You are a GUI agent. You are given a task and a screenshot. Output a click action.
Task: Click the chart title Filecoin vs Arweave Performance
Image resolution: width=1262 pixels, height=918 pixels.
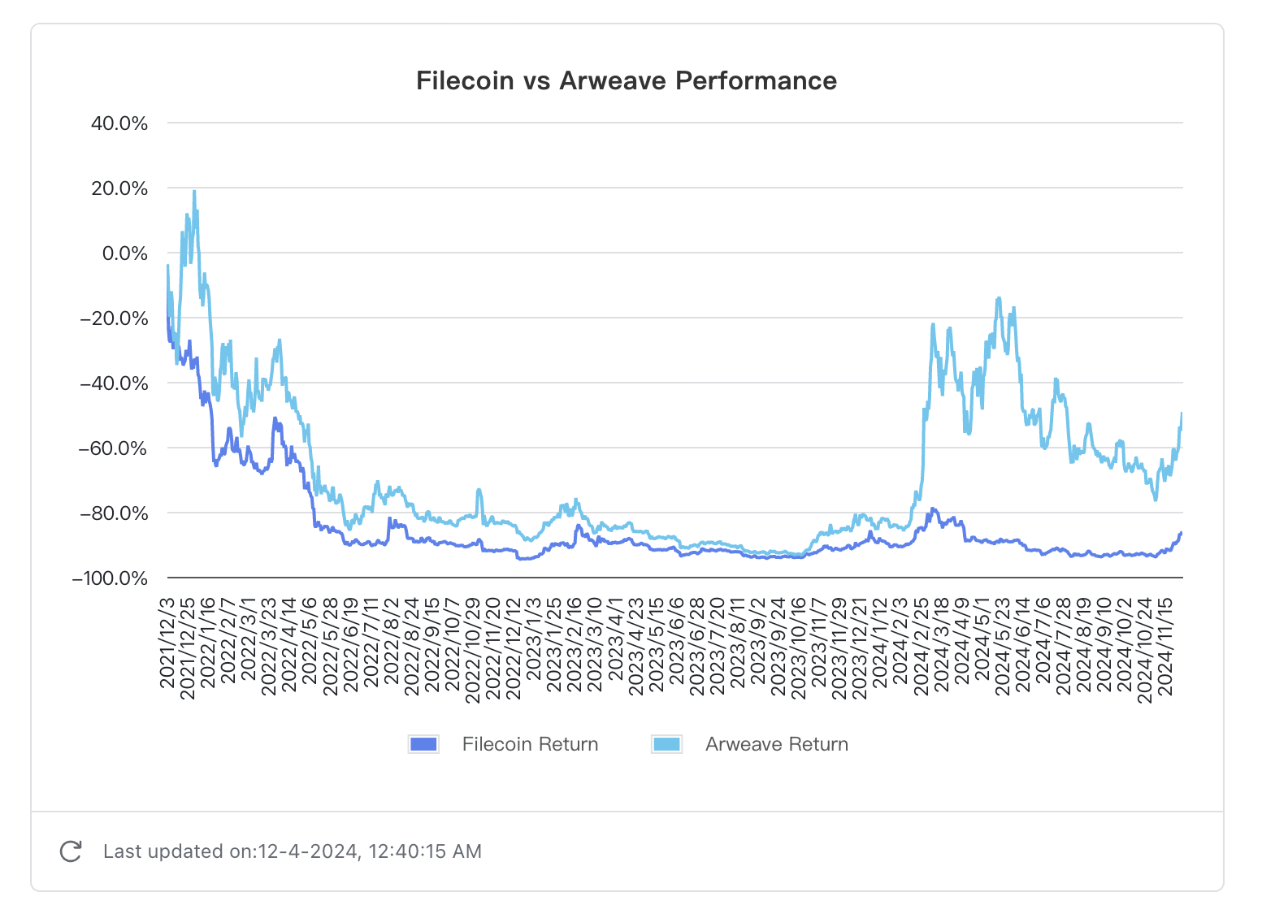[x=626, y=80]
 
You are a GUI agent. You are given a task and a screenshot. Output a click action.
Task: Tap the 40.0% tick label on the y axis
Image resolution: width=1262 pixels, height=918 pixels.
[x=119, y=123]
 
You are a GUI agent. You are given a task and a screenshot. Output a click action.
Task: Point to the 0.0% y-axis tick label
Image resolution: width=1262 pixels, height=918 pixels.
[x=125, y=253]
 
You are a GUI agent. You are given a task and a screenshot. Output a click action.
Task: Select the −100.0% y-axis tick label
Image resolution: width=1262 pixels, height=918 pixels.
[x=111, y=578]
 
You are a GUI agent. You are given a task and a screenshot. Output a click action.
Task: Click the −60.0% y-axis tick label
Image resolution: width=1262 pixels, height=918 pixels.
[x=114, y=448]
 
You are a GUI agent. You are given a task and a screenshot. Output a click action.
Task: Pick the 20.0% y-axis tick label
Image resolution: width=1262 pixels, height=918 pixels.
[x=119, y=188]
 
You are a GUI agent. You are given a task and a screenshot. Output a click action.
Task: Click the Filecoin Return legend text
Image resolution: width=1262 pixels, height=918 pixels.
[x=530, y=744]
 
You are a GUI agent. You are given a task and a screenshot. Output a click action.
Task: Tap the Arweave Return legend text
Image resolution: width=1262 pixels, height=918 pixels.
[x=776, y=744]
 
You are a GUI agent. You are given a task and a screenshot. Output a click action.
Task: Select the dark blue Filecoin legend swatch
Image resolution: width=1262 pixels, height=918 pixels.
[x=423, y=744]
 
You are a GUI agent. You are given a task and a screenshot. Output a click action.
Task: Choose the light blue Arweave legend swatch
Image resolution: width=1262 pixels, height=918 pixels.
[x=666, y=744]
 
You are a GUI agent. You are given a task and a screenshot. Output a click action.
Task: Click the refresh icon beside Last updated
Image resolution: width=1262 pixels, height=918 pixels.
[x=72, y=851]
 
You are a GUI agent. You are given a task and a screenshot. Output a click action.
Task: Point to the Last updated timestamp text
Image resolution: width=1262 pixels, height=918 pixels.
[x=293, y=851]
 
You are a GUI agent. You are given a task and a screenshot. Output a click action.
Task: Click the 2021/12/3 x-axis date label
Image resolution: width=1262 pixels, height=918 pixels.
[x=168, y=643]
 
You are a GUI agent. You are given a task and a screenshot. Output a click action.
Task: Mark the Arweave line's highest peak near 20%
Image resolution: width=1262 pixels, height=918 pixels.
[x=194, y=192]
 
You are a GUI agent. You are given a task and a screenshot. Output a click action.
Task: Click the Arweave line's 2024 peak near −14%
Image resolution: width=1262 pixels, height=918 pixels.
[x=999, y=299]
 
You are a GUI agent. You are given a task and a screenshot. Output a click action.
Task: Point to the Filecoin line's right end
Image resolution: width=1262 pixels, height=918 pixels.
[x=1182, y=533]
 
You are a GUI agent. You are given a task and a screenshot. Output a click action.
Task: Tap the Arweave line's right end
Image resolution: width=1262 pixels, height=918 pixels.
[x=1182, y=414]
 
